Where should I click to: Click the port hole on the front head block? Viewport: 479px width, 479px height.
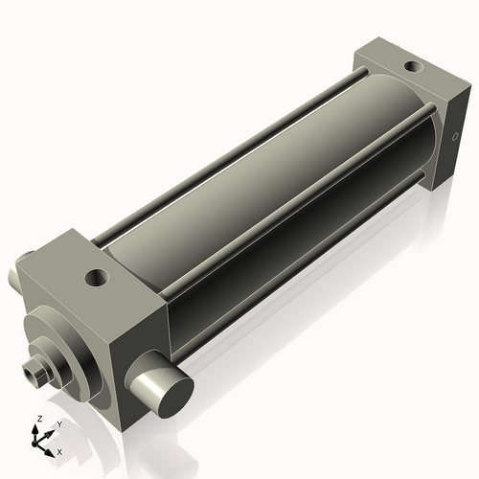click(96, 279)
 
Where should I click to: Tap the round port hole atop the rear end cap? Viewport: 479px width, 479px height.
click(412, 66)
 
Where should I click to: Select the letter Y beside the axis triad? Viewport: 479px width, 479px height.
click(58, 424)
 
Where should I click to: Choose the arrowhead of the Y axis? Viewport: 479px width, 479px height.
click(50, 432)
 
